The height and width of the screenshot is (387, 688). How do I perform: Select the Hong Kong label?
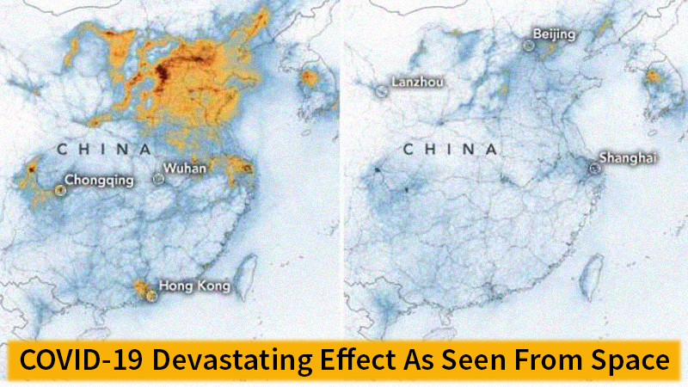[x=194, y=286]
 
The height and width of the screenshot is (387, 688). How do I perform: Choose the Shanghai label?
[x=629, y=157]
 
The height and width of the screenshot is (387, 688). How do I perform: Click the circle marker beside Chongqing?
[x=59, y=190]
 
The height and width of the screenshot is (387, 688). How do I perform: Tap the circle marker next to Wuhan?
[x=158, y=179]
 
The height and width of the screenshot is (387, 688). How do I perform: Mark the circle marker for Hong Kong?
[x=153, y=294]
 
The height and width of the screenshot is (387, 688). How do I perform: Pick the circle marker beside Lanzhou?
[x=381, y=89]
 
